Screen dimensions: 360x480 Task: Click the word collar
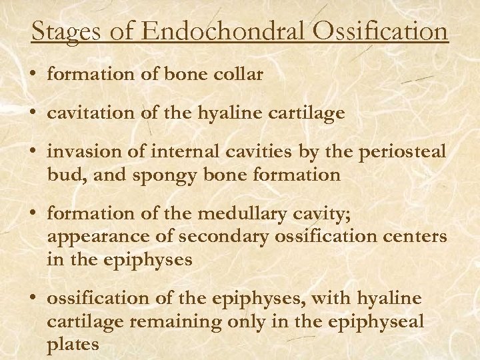coord(239,75)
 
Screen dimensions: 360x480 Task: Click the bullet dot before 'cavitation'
coord(34,114)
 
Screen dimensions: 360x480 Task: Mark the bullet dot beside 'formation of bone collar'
coord(34,75)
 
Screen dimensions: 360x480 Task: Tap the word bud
coord(61,175)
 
